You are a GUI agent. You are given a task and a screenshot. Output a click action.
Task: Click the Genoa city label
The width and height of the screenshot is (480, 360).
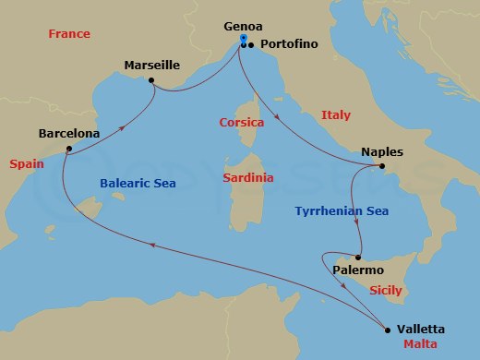[243, 27]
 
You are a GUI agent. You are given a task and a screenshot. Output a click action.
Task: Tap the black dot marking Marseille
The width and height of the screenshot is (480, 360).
[152, 80]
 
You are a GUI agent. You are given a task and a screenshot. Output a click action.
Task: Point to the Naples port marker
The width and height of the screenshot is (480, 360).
[382, 166]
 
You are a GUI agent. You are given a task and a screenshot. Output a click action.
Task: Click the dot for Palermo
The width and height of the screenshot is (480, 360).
[359, 257]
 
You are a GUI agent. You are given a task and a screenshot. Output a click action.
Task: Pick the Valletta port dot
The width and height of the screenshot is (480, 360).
[387, 329]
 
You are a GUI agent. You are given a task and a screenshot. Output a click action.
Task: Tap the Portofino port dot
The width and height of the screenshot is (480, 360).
[251, 43]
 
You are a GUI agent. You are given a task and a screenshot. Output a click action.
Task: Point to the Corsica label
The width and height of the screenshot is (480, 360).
[242, 122]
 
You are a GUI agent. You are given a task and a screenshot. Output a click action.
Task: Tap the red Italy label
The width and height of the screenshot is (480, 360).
[335, 114]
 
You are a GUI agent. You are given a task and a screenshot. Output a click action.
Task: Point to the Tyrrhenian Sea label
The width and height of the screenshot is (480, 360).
[342, 211]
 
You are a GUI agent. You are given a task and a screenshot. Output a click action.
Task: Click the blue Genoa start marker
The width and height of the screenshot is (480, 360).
[243, 40]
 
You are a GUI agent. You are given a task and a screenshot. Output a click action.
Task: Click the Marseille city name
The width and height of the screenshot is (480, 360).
[151, 66]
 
